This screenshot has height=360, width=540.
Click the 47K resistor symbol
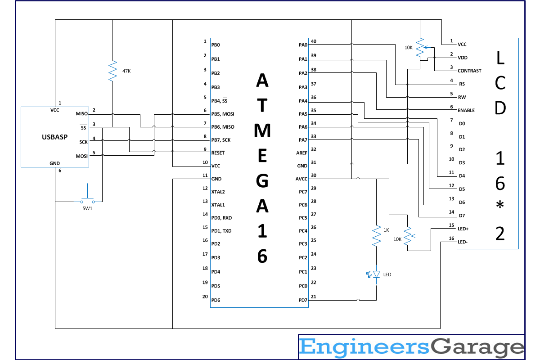pos(112,71)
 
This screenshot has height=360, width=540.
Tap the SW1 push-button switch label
pos(87,208)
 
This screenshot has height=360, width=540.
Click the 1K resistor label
pos(386,230)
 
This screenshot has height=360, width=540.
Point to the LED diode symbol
pos(377,274)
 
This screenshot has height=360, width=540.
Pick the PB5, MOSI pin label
pos(223,114)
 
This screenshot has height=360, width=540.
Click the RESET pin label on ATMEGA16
pos(218,153)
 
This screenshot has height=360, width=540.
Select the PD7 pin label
pos(302,300)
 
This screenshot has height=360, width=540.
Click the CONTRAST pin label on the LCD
pos(469,71)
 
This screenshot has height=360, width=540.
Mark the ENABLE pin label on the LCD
pos(466,110)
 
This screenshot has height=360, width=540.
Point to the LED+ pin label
pos(463,229)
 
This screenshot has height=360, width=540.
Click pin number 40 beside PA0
pos(313,41)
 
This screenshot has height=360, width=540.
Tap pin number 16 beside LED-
pos(451,238)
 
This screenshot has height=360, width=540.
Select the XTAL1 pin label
pos(218,205)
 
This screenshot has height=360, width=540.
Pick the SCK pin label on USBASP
pos(83,142)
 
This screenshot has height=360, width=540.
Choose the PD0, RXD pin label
pos(221,218)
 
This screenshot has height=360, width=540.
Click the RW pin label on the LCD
pos(462,97)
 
